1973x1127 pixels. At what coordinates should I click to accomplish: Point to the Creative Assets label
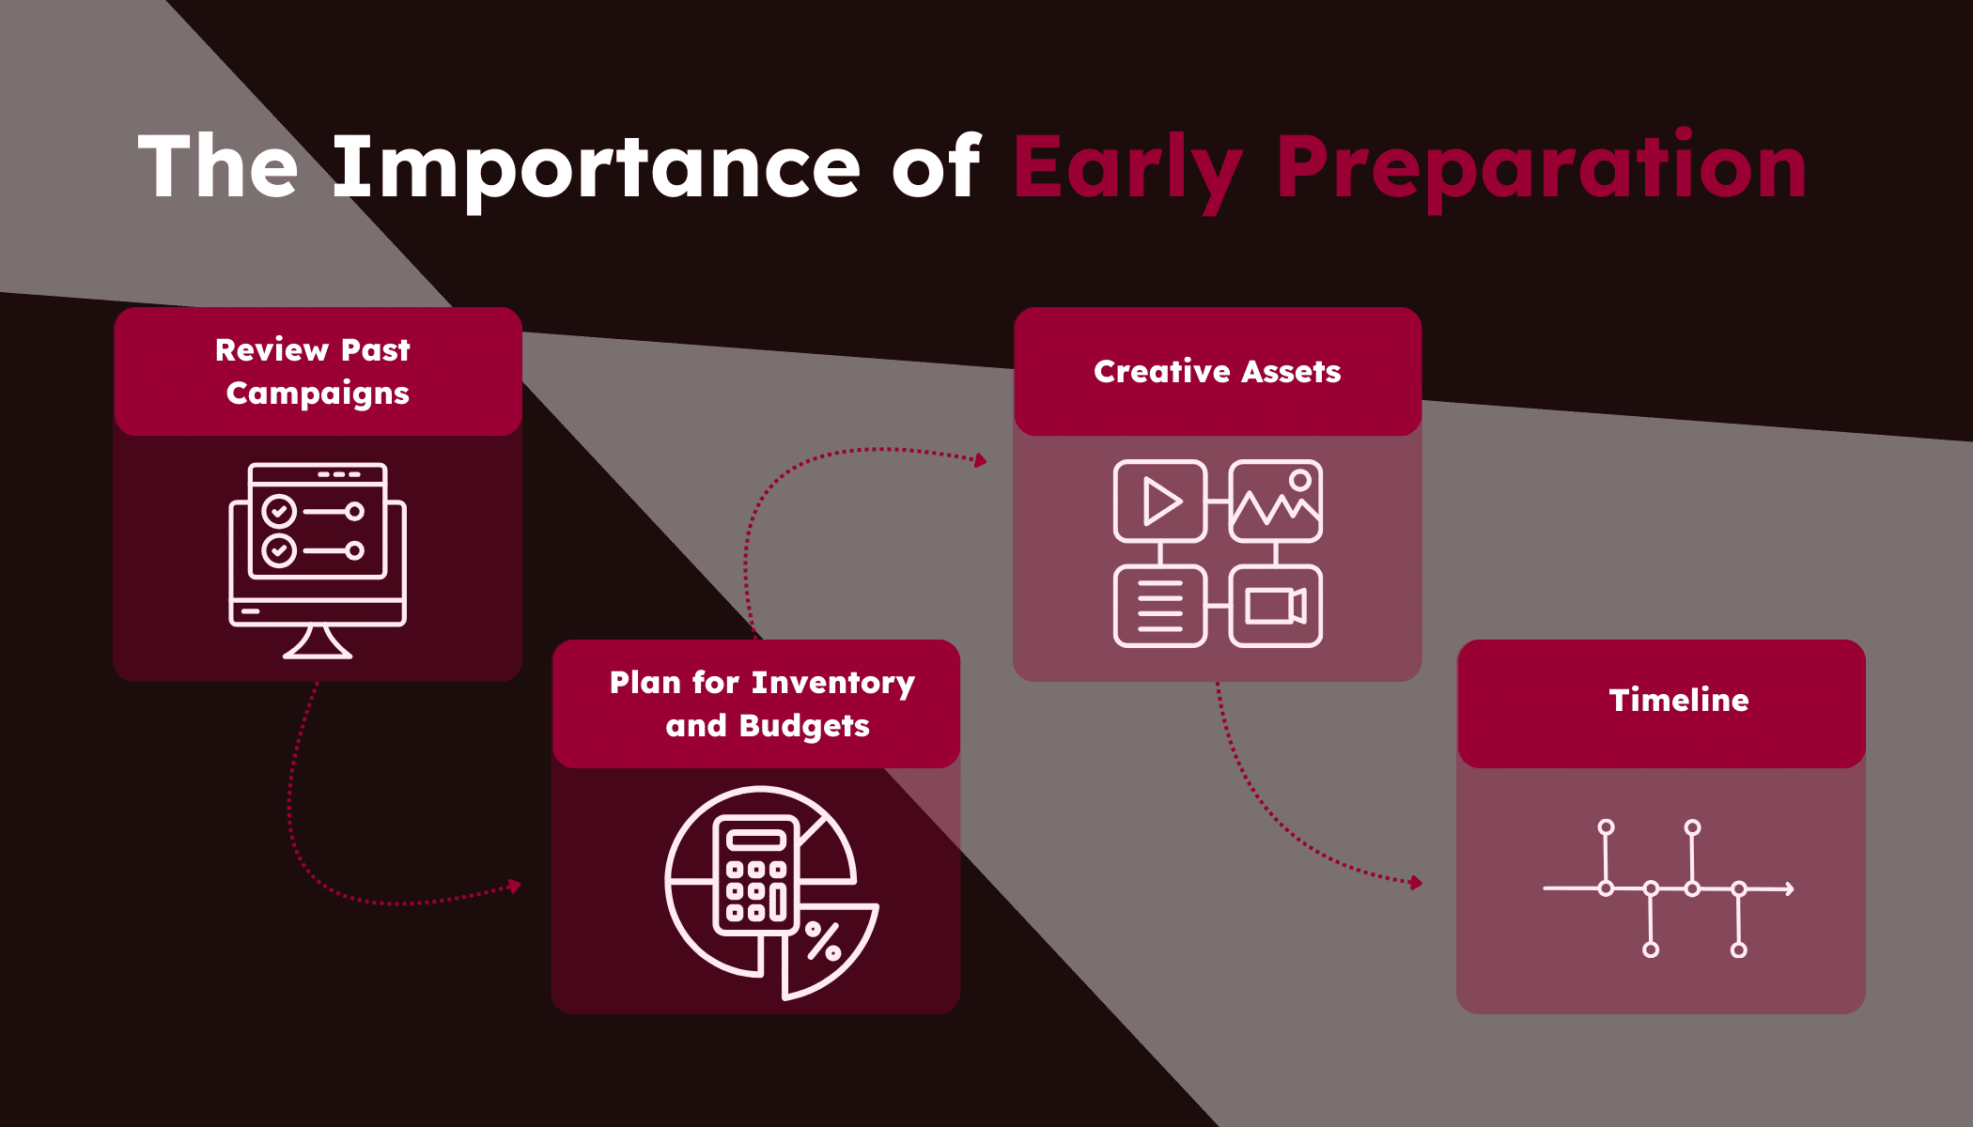click(1218, 371)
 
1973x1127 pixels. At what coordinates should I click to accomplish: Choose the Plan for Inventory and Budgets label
click(762, 703)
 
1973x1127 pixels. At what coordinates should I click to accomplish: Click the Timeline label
click(1679, 700)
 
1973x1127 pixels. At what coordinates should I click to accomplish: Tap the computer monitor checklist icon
click(318, 561)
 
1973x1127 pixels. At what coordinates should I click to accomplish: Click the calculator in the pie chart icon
click(756, 874)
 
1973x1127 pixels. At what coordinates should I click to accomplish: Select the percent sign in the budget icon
click(824, 941)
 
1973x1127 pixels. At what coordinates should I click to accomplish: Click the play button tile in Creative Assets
click(1160, 502)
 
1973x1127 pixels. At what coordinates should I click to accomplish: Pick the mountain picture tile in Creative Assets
click(1276, 502)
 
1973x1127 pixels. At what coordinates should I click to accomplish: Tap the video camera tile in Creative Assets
click(1276, 606)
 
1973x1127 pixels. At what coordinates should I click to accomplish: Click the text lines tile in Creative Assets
click(1160, 606)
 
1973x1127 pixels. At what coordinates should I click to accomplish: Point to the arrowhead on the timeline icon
click(1790, 888)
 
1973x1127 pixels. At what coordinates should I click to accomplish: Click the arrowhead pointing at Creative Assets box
click(981, 460)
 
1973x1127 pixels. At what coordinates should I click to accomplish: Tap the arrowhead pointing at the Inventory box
click(515, 886)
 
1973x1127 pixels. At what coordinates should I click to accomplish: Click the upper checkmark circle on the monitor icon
click(279, 512)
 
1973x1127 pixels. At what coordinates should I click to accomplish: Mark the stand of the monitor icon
click(318, 643)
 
